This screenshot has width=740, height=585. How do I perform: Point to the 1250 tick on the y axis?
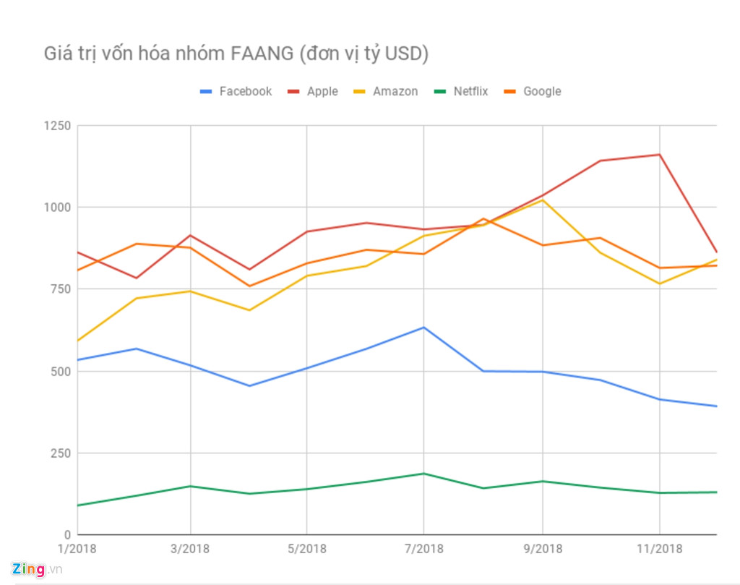point(57,126)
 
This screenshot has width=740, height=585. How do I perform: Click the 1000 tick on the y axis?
point(57,208)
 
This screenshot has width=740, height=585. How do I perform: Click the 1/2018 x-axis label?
point(76,549)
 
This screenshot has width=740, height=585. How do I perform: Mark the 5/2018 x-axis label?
point(307,549)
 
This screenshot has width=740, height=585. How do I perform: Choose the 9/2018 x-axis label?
point(542,549)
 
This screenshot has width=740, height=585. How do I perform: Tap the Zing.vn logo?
point(36,569)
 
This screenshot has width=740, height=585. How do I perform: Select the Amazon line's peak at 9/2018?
point(542,200)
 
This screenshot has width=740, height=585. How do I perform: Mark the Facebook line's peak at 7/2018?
point(424,328)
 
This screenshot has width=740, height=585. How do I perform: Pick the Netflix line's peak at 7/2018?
point(424,474)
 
